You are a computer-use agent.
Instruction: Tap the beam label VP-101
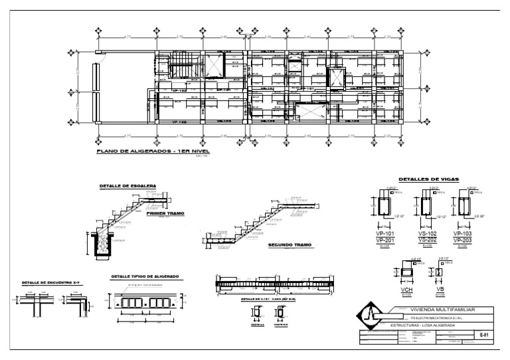point(384,234)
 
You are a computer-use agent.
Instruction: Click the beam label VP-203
point(463,240)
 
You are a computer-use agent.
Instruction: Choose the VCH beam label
point(406,290)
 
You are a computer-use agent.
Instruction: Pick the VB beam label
point(440,290)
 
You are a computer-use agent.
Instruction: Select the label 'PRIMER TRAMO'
point(165,214)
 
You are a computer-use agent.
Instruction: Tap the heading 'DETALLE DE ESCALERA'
point(127,185)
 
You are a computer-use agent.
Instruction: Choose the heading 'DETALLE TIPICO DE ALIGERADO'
point(145,276)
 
